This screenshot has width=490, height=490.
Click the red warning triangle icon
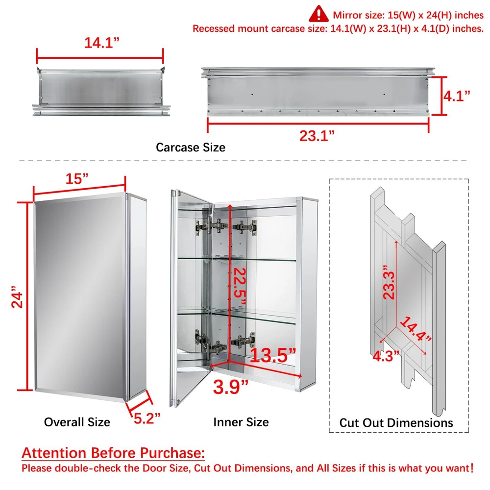click(318, 14)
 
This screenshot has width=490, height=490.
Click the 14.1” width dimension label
click(102, 43)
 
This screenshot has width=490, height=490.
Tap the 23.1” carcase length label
click(317, 136)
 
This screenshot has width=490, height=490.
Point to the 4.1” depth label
click(457, 96)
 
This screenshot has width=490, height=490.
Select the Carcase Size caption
click(191, 147)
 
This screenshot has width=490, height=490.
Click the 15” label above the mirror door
click(77, 179)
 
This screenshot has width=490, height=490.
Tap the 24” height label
click(17, 296)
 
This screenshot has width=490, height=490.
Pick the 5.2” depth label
click(147, 418)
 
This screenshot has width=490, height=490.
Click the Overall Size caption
click(77, 422)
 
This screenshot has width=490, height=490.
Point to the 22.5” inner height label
click(240, 286)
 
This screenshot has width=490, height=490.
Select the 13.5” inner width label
click(272, 355)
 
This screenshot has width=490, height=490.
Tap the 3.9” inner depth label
click(231, 387)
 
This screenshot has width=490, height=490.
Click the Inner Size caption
click(241, 422)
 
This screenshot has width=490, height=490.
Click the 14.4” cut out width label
click(416, 329)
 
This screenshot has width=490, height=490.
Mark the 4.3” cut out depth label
click(386, 356)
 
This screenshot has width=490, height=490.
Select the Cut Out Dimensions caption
click(396, 422)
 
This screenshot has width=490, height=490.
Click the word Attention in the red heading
click(54, 452)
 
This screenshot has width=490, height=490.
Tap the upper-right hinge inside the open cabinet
click(245, 226)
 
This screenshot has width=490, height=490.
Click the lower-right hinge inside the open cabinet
click(243, 341)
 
